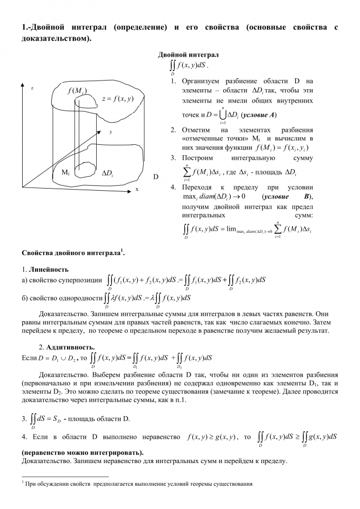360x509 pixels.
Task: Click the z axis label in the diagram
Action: click(x=32, y=88)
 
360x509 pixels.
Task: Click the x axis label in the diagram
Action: click(x=137, y=190)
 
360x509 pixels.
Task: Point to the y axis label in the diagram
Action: click(x=110, y=132)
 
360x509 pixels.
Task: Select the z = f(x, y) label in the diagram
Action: click(x=117, y=98)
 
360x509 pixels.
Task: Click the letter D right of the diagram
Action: click(x=156, y=177)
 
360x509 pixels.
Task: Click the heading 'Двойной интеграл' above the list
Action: click(x=188, y=55)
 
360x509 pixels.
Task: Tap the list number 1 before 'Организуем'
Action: click(x=173, y=81)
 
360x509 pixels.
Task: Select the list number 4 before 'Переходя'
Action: click(x=173, y=187)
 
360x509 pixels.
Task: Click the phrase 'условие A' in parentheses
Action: click(x=259, y=115)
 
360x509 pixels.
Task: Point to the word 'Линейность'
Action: click(x=49, y=269)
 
